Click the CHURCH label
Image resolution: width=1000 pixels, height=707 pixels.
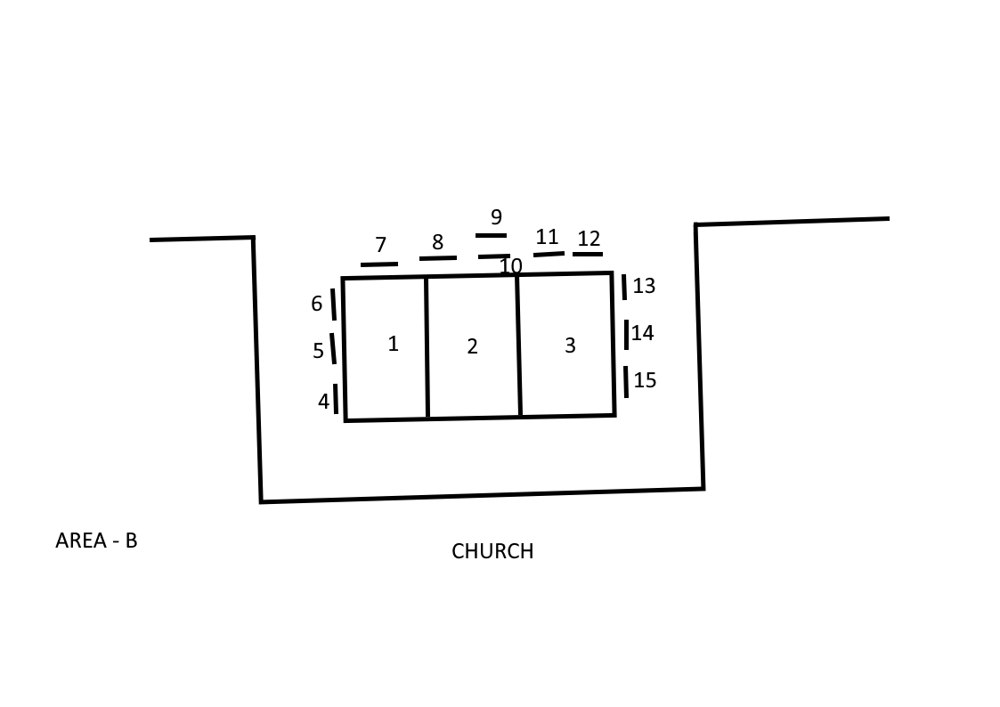(x=492, y=551)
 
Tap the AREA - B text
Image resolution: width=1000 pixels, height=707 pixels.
(x=96, y=540)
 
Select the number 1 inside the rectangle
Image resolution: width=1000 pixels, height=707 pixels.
(x=394, y=344)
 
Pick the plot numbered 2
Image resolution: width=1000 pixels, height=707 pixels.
(x=473, y=346)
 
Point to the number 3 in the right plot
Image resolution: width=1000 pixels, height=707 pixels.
(x=570, y=345)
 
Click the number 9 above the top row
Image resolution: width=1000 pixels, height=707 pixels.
(x=496, y=217)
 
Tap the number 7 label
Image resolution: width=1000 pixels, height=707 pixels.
(x=380, y=245)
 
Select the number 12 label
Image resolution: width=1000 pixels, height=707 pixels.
(x=589, y=239)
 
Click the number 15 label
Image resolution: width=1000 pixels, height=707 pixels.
(x=645, y=380)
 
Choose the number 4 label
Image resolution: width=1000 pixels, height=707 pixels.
(x=323, y=402)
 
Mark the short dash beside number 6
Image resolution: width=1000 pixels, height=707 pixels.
(x=333, y=304)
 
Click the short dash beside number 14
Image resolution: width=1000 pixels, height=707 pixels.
(x=627, y=334)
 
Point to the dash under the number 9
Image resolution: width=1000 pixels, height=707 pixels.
(x=491, y=236)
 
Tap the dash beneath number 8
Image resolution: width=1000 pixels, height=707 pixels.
(x=437, y=258)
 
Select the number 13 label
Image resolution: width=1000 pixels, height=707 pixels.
(x=644, y=286)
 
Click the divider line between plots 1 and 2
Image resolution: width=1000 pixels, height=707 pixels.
(x=427, y=347)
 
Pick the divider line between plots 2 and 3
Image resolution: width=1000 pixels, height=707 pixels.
(x=518, y=345)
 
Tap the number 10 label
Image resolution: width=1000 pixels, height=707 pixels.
(x=510, y=266)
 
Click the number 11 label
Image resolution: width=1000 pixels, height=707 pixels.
(x=547, y=237)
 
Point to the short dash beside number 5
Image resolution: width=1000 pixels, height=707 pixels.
(x=333, y=347)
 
